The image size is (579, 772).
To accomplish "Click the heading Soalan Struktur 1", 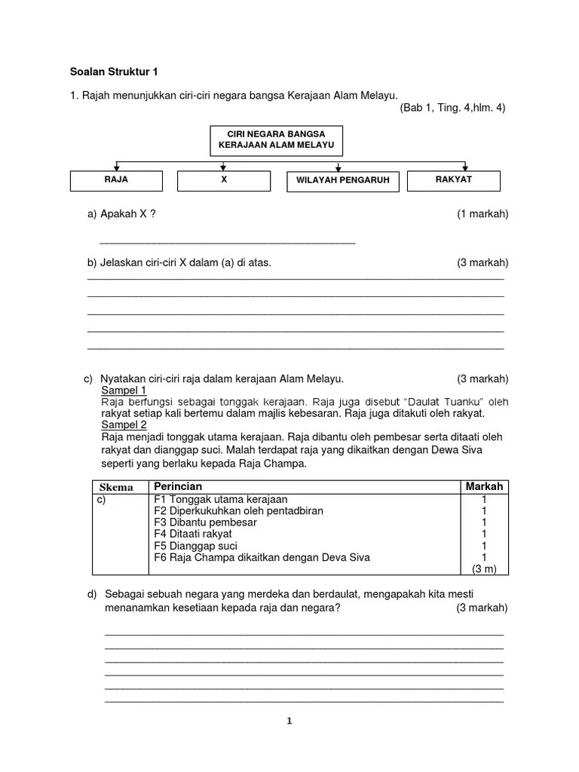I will click(x=114, y=72).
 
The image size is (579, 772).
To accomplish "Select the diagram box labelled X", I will click(x=224, y=181).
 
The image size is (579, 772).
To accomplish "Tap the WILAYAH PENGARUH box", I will click(x=342, y=182).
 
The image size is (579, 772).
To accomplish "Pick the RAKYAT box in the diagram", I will click(x=453, y=180).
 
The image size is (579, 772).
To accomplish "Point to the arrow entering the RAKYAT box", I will click(x=466, y=167).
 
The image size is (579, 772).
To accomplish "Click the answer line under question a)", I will click(x=227, y=243).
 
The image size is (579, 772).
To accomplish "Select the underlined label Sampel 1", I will click(x=124, y=391).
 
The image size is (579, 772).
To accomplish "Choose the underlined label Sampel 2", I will click(x=124, y=425).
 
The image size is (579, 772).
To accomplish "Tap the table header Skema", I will click(x=116, y=487).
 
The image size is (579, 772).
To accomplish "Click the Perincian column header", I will click(x=178, y=487).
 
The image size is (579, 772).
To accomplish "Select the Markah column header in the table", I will click(x=483, y=487).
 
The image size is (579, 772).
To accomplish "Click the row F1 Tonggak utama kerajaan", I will click(x=220, y=499).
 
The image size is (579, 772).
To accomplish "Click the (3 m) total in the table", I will click(x=483, y=568).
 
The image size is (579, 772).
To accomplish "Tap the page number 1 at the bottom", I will click(x=289, y=721).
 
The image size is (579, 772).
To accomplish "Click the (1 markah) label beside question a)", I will click(x=482, y=214).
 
